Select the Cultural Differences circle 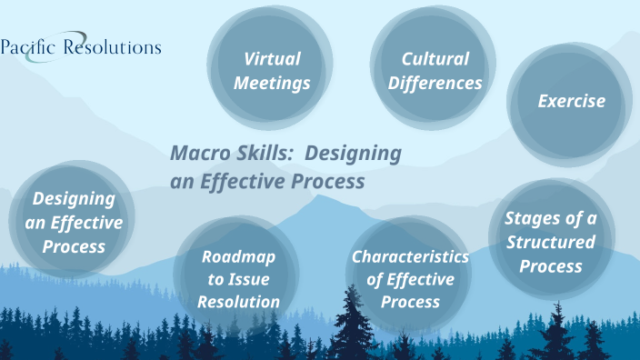435,71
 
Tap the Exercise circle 571,101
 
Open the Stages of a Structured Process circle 550,243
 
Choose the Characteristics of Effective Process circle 410,279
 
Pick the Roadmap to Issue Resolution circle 238,279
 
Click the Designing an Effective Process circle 73,222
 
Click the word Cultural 435,59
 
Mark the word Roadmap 238,256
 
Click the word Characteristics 410,256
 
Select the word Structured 551,243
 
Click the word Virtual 272,59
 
